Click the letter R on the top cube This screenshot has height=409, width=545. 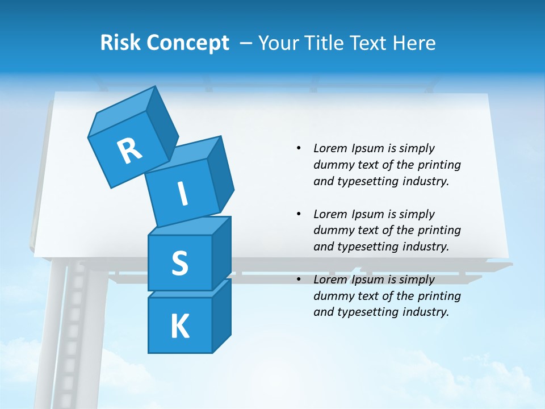pyautogui.click(x=129, y=151)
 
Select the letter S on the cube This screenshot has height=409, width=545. pyautogui.click(x=179, y=264)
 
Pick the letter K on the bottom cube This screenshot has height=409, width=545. pyautogui.click(x=179, y=327)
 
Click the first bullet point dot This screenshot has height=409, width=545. pyautogui.click(x=299, y=148)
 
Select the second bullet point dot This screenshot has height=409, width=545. pyautogui.click(x=299, y=214)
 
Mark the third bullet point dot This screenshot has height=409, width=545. pyautogui.click(x=299, y=279)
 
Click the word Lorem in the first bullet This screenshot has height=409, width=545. pyautogui.click(x=330, y=148)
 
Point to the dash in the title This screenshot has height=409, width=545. pyautogui.click(x=246, y=43)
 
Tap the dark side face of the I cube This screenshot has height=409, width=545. pyautogui.click(x=220, y=173)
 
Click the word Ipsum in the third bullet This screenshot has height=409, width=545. pyautogui.click(x=367, y=279)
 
